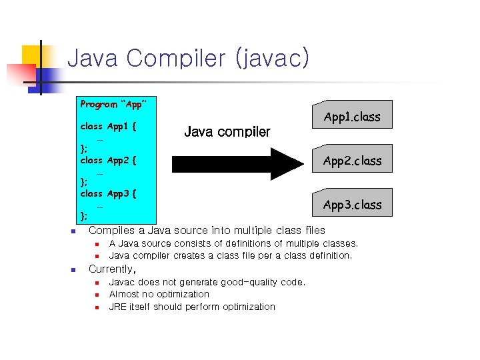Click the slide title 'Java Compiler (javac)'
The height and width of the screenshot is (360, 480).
click(189, 59)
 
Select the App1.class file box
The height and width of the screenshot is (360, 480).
click(352, 115)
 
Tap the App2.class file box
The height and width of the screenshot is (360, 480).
click(352, 160)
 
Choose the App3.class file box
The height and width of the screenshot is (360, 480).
click(352, 204)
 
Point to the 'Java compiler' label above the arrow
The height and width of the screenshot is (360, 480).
click(227, 132)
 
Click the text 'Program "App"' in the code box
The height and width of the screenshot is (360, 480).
click(113, 105)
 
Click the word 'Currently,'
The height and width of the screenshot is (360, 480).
click(112, 269)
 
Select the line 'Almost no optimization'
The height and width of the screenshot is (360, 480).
click(159, 294)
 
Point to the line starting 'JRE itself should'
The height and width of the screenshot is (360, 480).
click(192, 307)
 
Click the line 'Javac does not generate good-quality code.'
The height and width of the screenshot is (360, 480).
click(207, 282)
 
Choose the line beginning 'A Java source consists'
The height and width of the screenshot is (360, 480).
click(233, 243)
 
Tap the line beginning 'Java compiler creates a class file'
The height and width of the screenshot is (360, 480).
click(230, 255)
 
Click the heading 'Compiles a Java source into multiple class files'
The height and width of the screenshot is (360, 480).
click(207, 230)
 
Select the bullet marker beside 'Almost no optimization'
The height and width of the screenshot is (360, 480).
click(96, 295)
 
